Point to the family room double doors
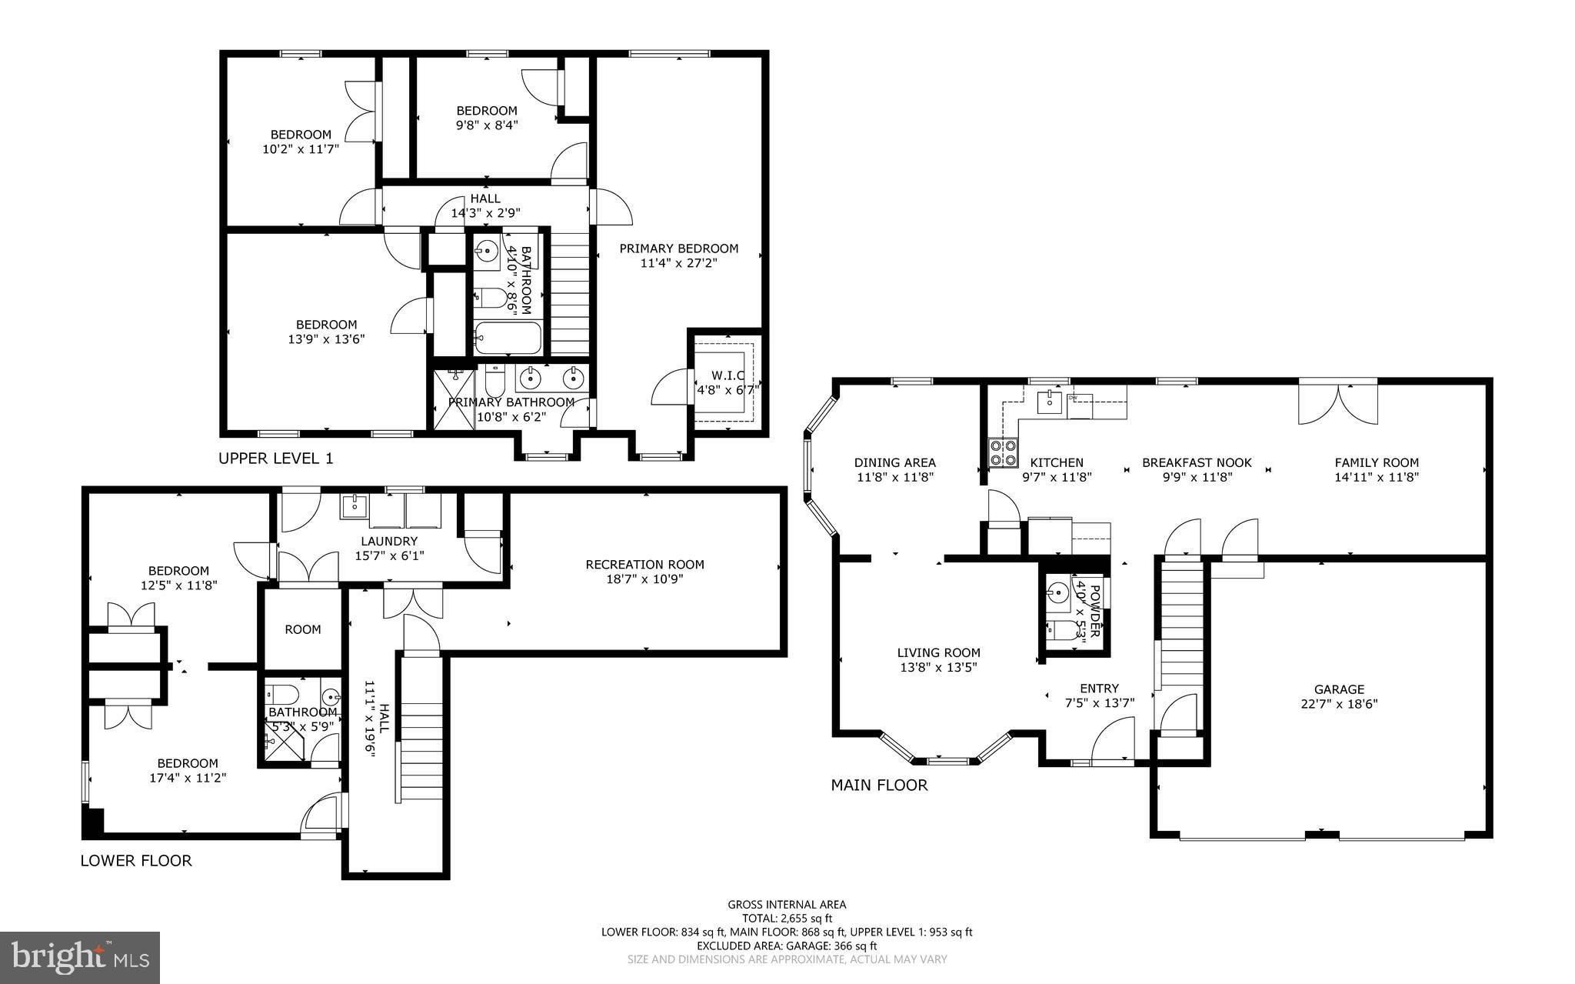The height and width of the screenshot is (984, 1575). (1338, 403)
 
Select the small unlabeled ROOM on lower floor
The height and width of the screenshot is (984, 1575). (303, 629)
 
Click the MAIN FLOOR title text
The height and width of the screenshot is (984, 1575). (879, 785)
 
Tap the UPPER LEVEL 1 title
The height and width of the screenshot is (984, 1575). (276, 459)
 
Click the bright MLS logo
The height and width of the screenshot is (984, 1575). (80, 956)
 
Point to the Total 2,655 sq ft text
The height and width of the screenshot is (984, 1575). (787, 918)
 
